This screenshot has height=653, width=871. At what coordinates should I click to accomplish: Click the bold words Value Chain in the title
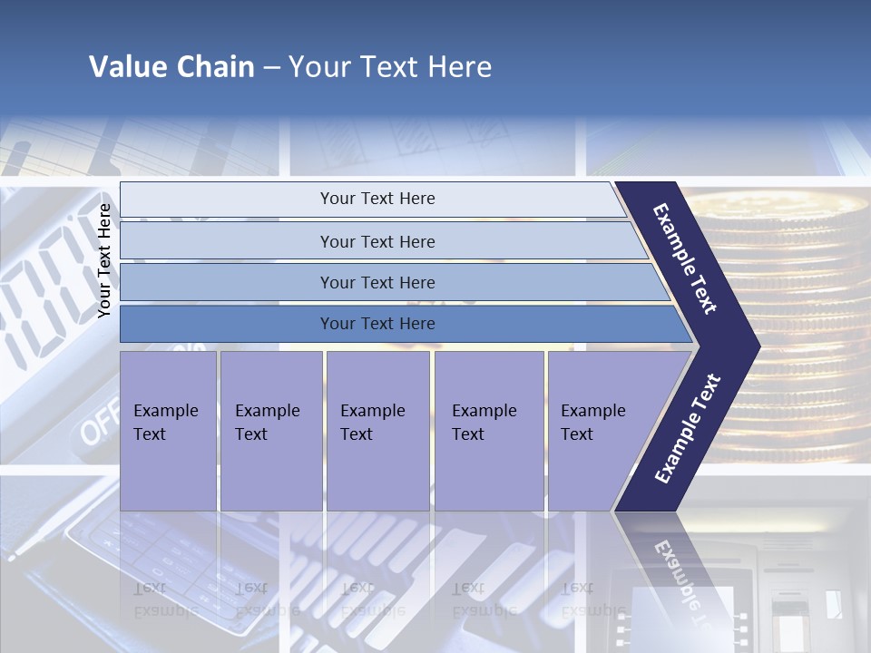171,67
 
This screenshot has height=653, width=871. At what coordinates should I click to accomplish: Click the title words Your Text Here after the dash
390,67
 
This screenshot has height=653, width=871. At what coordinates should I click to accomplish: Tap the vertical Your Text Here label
104,260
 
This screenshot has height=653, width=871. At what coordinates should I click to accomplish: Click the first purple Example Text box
168,431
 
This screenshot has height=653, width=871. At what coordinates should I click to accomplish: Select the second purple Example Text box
270,431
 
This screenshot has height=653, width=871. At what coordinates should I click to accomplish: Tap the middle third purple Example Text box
377,431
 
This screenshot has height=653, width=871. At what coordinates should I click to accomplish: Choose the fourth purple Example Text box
489,431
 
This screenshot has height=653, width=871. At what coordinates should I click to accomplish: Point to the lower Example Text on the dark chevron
688,429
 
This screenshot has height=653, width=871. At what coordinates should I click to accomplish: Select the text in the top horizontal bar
377,199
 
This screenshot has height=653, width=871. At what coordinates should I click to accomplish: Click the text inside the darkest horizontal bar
377,324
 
